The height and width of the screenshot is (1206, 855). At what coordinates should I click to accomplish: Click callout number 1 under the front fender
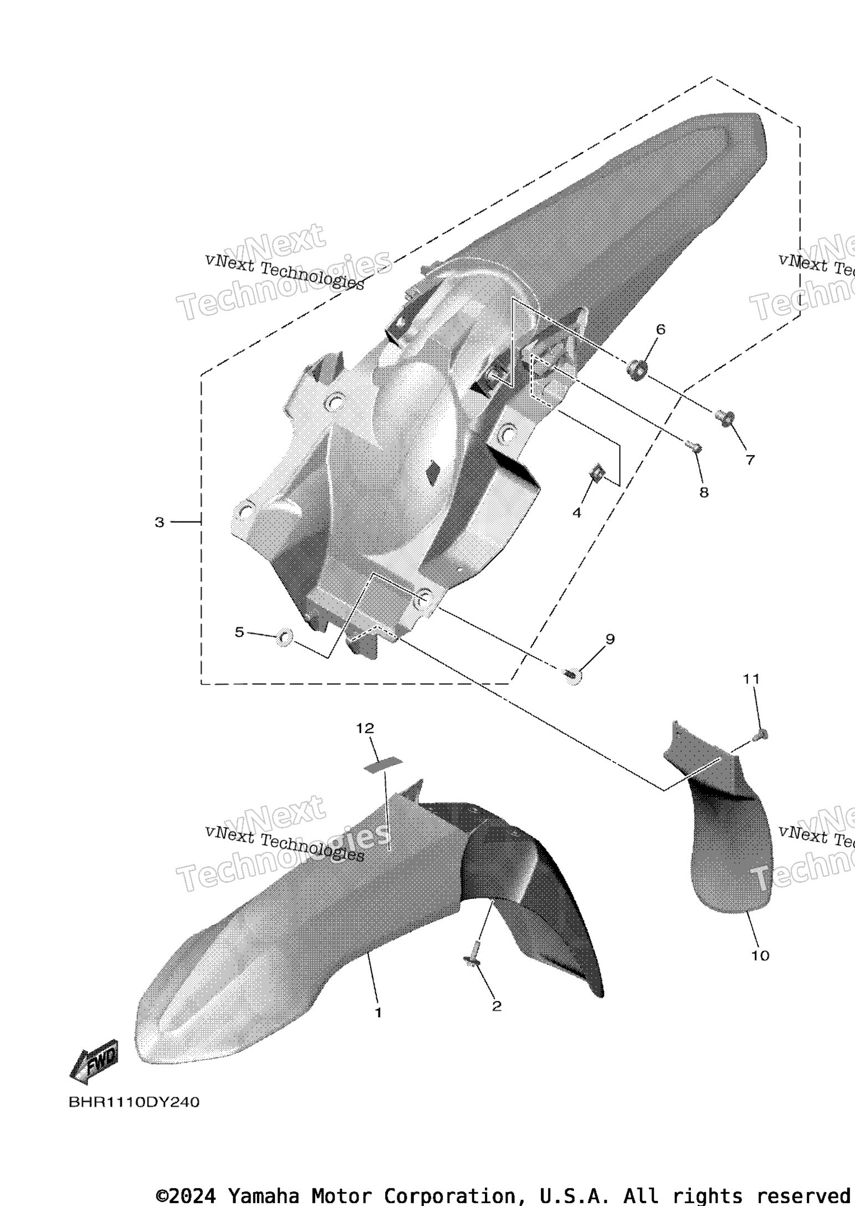[378, 1013]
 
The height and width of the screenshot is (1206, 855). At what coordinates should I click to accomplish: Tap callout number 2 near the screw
[496, 1006]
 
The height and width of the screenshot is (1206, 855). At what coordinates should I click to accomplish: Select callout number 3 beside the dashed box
[160, 522]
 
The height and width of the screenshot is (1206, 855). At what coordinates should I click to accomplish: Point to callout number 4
[577, 513]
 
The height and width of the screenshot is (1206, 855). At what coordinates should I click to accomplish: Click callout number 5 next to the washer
[239, 632]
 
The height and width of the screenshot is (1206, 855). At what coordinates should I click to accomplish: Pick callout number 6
[661, 329]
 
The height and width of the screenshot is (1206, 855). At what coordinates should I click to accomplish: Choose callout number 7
[750, 459]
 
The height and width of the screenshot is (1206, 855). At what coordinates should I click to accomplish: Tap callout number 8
[704, 492]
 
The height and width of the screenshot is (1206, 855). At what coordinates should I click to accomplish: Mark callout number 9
[610, 639]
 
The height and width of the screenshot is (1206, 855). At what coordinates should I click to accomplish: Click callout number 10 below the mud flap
[760, 955]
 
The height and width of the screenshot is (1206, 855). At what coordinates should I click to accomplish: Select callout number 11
[751, 678]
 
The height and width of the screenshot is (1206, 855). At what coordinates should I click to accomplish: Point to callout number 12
[365, 728]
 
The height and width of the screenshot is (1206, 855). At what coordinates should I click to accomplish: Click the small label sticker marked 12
[383, 764]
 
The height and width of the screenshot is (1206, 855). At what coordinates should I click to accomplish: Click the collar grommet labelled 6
[637, 370]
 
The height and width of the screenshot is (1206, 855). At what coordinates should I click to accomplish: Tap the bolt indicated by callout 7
[724, 417]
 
